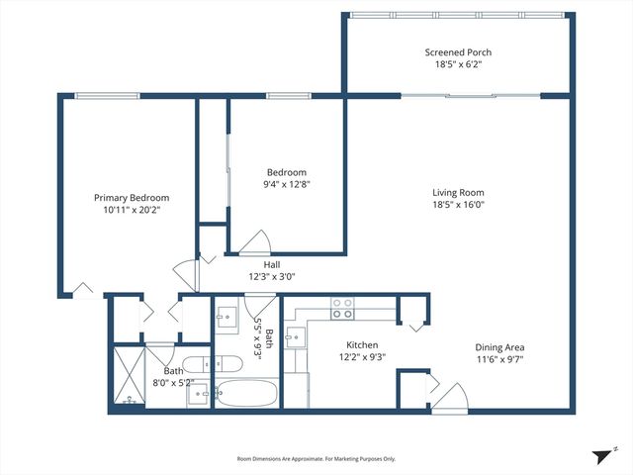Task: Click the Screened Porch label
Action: pos(458,52)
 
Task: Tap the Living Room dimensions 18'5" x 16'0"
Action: pos(458,205)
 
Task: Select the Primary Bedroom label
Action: pos(132,197)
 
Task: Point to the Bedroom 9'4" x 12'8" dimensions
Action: pos(285,183)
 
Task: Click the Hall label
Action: pos(272,264)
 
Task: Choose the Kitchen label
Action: pos(334,345)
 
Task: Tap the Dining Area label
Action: pos(499,347)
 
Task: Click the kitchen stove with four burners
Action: pos(343,308)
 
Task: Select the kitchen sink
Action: pos(293,336)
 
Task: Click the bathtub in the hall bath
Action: pos(245,394)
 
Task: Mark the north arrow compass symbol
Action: pos(601,455)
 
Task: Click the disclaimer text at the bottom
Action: pos(316,459)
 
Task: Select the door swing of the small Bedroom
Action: pos(255,241)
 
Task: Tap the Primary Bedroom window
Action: pos(109,96)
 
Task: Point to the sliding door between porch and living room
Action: pos(471,96)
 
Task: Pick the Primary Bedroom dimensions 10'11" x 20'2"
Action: pos(132,210)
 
